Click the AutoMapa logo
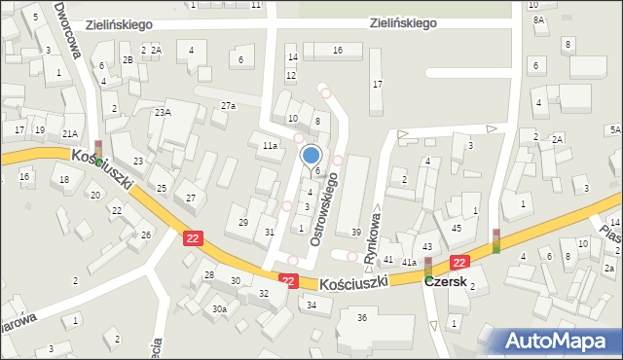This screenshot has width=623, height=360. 560,340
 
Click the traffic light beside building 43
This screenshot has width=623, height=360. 427,265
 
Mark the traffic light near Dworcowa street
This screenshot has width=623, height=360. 97,150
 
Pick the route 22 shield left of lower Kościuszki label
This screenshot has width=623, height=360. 288,279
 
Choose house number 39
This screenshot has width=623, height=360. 356,232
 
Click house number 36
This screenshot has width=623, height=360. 362,318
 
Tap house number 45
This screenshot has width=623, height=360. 457,228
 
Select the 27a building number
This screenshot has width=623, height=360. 228,105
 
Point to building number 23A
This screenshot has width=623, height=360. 163,113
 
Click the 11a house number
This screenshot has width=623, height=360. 270,146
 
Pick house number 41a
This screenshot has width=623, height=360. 410,263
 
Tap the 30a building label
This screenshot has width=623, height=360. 220,309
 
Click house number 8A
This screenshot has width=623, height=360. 537,19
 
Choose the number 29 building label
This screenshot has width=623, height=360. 243,223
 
